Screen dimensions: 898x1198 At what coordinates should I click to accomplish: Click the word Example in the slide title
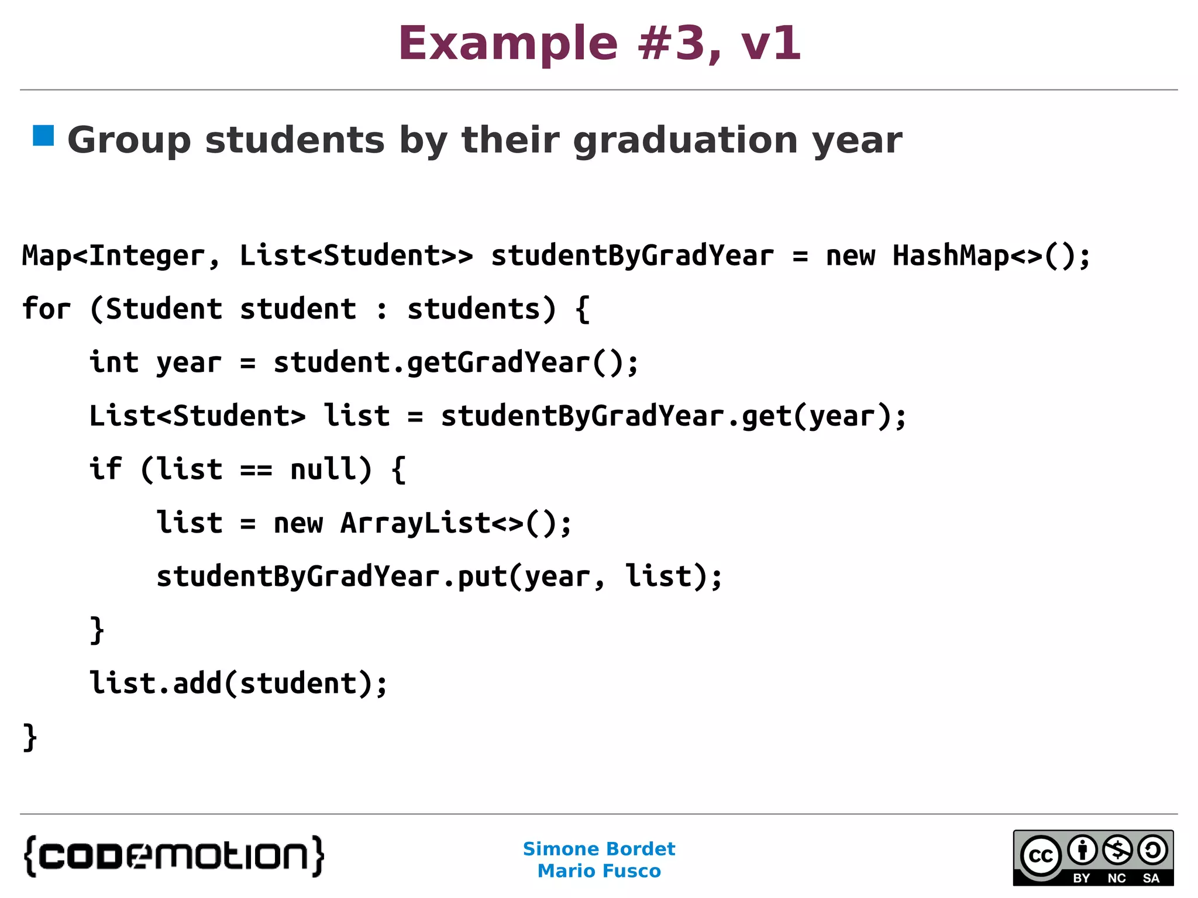[x=508, y=44]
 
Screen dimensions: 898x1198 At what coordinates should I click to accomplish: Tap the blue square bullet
[x=43, y=136]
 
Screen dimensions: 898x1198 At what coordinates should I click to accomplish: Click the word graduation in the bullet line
[x=685, y=141]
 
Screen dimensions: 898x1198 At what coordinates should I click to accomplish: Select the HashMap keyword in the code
[x=951, y=255]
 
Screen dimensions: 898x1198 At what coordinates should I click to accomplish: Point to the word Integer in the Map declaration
[x=147, y=255]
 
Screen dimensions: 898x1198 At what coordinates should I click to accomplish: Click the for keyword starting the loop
[x=46, y=309]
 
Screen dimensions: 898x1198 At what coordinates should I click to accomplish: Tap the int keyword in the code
[x=114, y=362]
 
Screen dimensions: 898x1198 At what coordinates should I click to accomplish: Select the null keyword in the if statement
[x=323, y=469]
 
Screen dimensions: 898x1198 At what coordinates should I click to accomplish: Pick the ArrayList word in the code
[x=415, y=523]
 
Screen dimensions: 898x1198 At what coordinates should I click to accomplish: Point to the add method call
[x=197, y=683]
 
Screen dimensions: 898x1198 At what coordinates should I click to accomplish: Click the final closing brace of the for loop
[x=30, y=737]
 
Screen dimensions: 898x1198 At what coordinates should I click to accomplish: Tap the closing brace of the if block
[x=97, y=630]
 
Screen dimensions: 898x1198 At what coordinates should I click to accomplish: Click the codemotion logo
[x=174, y=856]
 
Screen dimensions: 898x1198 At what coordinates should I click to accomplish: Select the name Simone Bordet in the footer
[x=599, y=849]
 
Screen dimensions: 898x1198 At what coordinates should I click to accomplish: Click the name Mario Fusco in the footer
[x=599, y=871]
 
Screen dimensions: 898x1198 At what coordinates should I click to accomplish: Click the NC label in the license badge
[x=1117, y=878]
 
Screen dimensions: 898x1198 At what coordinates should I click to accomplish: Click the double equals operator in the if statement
[x=256, y=469]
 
